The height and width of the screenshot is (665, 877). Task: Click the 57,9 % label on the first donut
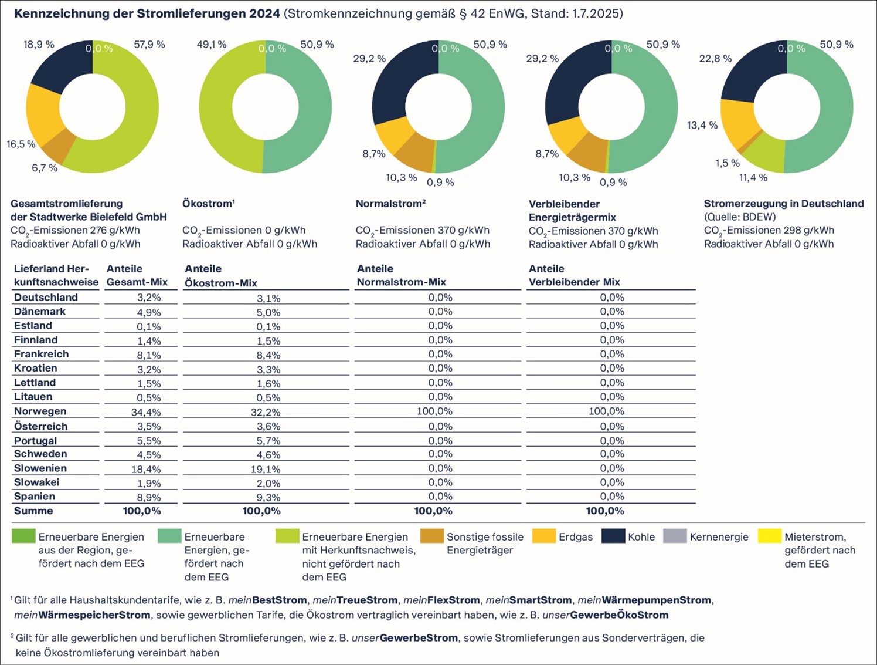149,45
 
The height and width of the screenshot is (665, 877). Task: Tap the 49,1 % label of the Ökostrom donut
212,45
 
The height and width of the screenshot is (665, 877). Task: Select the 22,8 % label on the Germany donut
715,59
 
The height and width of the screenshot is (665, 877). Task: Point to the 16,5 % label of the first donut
21,144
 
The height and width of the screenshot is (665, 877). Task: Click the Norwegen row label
40,411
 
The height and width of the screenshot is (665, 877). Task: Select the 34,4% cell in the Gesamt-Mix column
146,412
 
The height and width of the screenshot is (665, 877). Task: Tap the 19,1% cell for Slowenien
266,469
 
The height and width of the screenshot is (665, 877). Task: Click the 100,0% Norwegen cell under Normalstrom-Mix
435,411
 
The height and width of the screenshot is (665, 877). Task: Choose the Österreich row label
41,426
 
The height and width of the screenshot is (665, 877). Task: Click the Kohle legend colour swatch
613,536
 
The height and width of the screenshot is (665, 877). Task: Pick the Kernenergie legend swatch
675,536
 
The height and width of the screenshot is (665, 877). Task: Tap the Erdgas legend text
576,536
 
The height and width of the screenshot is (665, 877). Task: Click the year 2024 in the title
264,13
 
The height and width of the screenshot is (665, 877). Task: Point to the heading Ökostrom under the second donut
207,204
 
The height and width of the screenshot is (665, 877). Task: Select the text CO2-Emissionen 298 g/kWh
769,231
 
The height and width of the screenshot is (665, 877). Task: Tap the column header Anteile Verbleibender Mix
574,275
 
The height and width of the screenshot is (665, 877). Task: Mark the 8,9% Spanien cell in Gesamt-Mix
149,498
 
